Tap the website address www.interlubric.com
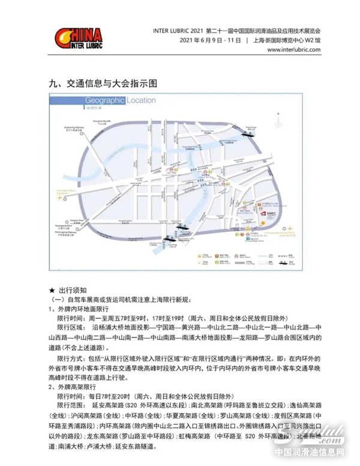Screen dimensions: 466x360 click(294, 50)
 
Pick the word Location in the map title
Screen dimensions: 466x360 click(141, 100)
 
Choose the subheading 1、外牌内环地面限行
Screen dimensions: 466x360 click(78, 309)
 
